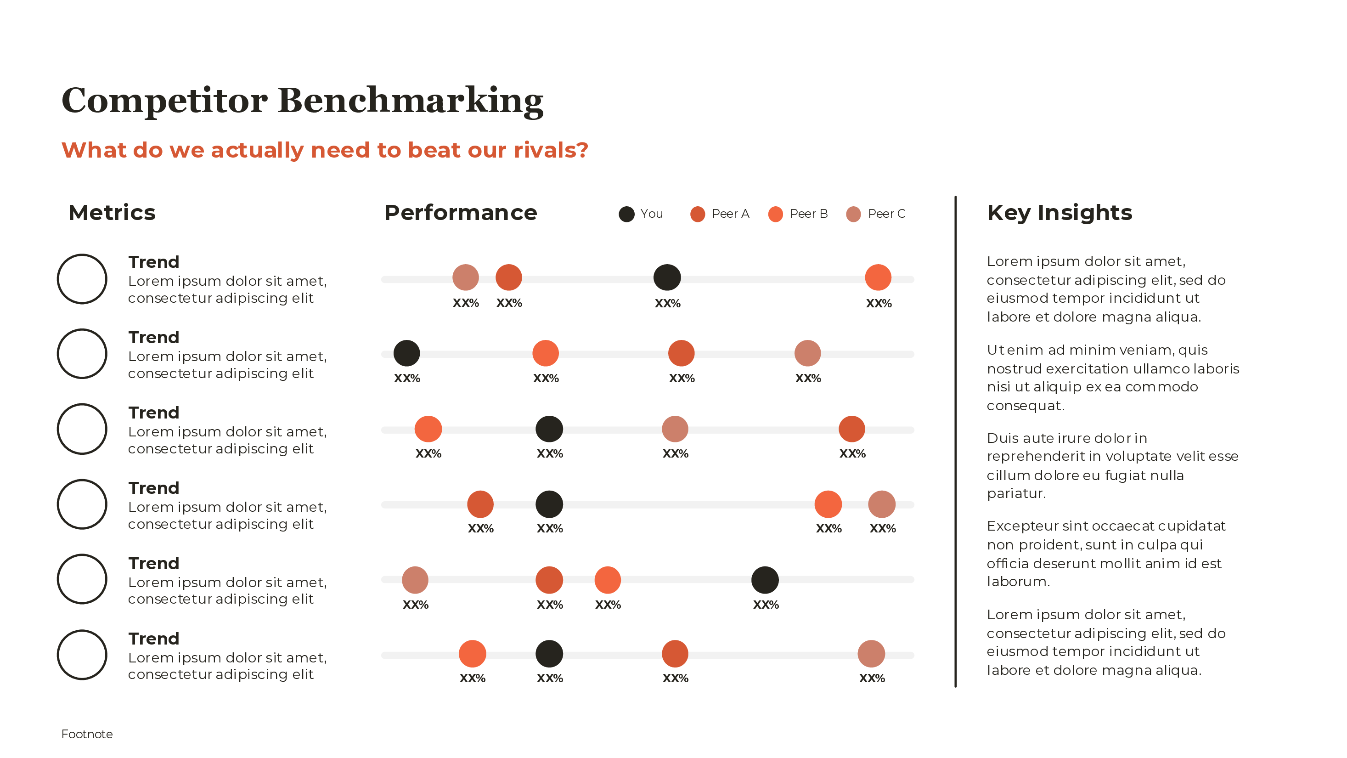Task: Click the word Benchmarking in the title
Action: [x=411, y=101]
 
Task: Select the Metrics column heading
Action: [x=112, y=212]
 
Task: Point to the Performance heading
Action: [x=460, y=212]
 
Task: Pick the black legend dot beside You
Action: [x=626, y=214]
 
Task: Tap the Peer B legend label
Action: [x=808, y=214]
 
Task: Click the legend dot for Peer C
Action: [x=853, y=214]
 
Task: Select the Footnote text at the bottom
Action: [x=87, y=734]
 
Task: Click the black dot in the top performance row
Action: [x=667, y=277]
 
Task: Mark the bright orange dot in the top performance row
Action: [x=878, y=277]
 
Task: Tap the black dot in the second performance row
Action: [x=406, y=353]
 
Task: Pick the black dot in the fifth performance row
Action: [x=765, y=580]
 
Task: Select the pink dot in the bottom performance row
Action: [x=871, y=653]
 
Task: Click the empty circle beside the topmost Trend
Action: [x=82, y=279]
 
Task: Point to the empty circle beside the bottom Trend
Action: [x=82, y=655]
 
